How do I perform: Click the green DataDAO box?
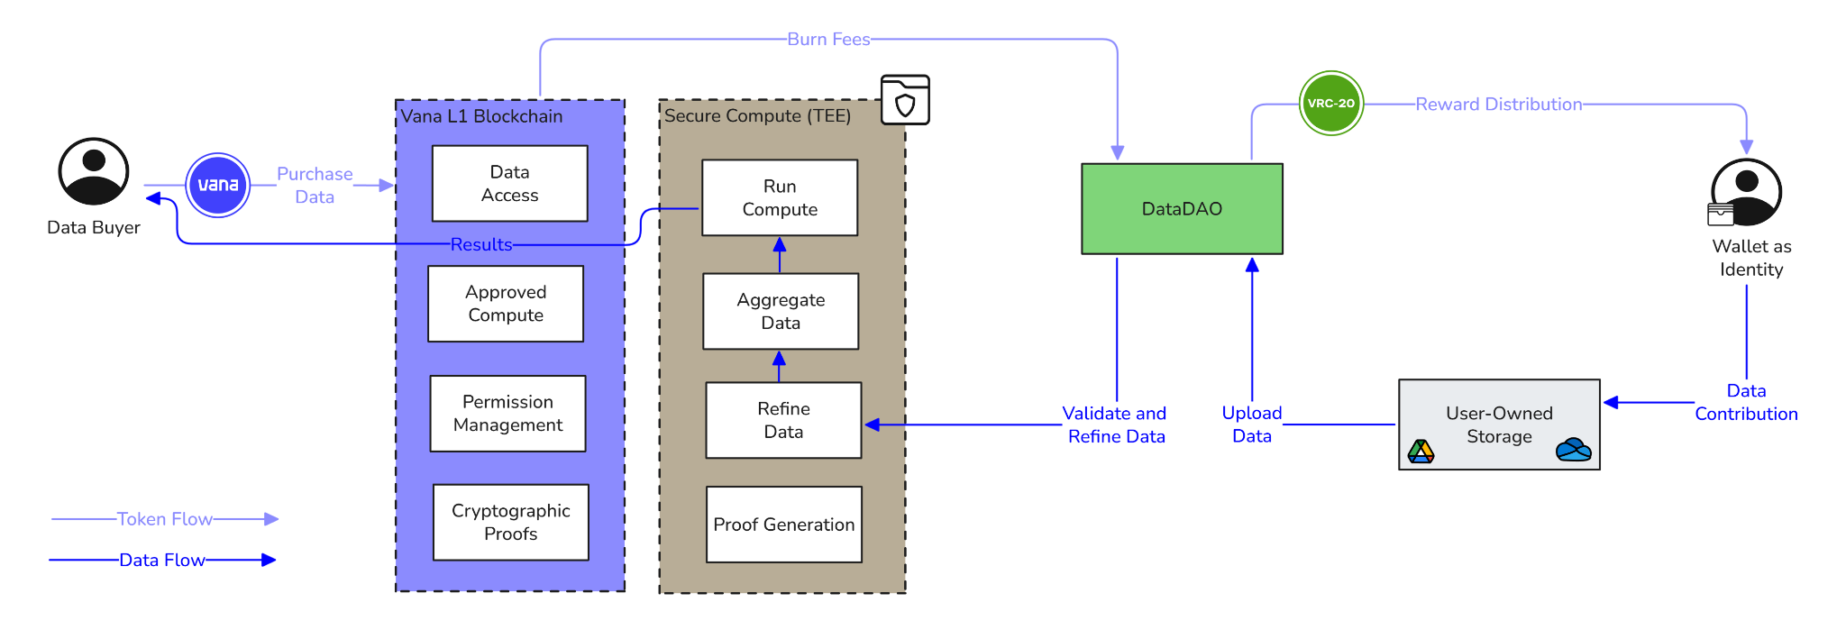[x=1182, y=209]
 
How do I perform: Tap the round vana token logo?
[x=218, y=185]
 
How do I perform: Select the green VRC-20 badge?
[x=1331, y=104]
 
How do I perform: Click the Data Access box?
[x=510, y=184]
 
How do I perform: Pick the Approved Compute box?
[x=506, y=304]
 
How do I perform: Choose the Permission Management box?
[x=508, y=414]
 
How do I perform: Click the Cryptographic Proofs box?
[x=511, y=523]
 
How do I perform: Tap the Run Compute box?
[x=780, y=198]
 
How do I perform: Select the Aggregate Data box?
[x=781, y=311]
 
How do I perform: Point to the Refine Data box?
[x=783, y=421]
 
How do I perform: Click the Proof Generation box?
[x=784, y=525]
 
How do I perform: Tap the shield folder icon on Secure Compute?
[x=905, y=100]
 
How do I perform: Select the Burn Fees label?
[x=828, y=40]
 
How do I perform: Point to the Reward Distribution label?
[x=1498, y=105]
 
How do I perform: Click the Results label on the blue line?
[x=481, y=244]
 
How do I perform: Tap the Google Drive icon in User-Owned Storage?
[x=1421, y=451]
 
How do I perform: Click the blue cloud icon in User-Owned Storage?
[x=1574, y=449]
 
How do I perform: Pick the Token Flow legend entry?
[x=165, y=519]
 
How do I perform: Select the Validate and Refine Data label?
[x=1115, y=424]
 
